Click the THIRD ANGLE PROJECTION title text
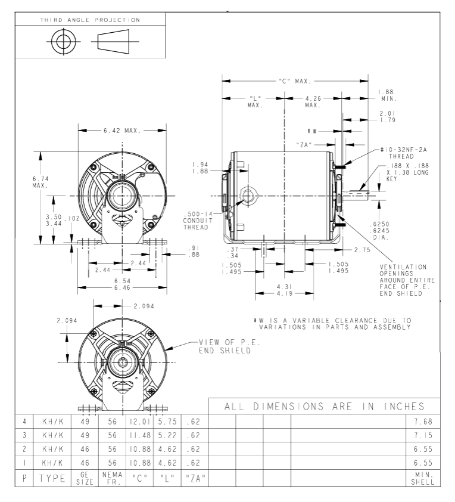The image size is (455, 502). tap(90, 20)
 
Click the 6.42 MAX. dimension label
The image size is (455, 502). tap(122, 131)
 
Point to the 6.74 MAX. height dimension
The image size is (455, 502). tap(40, 182)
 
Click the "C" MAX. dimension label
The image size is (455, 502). tap(295, 81)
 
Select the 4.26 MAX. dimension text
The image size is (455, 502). tap(313, 102)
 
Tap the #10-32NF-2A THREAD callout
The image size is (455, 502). tap(403, 153)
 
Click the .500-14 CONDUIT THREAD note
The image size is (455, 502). tap(198, 221)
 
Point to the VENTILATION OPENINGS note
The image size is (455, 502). tap(407, 280)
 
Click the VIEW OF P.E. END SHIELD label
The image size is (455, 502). tap(229, 346)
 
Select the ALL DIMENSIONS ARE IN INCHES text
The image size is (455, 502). tap(324, 407)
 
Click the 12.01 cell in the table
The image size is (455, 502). tap(140, 422)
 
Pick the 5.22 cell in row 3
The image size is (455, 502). tap(167, 435)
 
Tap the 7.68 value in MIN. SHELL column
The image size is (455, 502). tap(423, 422)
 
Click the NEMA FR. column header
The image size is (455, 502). tap(112, 478)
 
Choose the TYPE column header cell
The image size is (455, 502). tap(52, 478)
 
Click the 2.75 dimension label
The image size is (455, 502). tap(362, 250)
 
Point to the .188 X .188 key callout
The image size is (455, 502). tap(407, 172)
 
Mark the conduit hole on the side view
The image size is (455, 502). tap(248, 196)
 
